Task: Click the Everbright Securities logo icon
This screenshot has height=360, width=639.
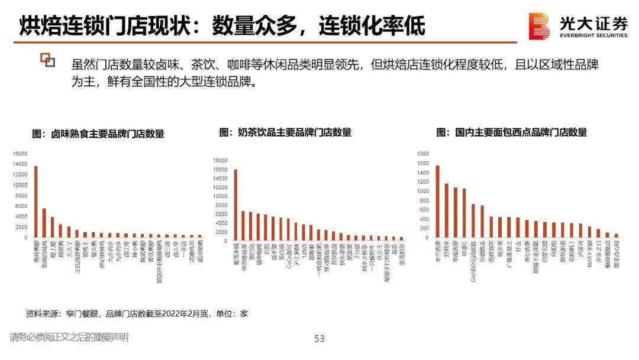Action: coord(539,27)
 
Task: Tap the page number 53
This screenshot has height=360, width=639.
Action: coord(319,339)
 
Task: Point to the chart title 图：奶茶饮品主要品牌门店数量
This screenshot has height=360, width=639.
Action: coord(285,132)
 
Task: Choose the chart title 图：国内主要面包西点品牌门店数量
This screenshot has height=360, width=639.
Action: coord(512,132)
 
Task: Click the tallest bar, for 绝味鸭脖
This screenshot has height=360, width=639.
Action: coord(36,201)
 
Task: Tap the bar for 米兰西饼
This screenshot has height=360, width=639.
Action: coord(437,201)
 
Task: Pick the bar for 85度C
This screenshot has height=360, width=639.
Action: coord(464,213)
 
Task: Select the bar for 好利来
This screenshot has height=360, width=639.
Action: coord(446,211)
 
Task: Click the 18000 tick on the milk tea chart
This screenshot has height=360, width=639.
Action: coord(221,160)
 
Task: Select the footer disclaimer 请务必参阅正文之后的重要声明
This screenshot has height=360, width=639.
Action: coord(69,337)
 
